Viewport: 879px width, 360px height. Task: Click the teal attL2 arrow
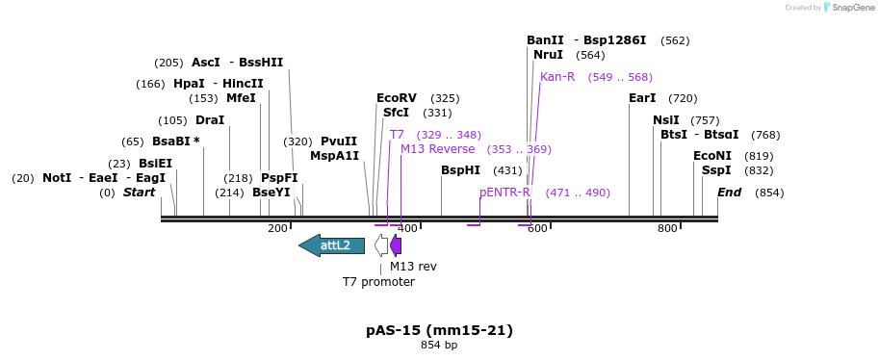[x=332, y=245]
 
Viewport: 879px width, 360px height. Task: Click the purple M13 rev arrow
[x=396, y=245]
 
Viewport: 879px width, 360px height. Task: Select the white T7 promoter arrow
[x=381, y=245]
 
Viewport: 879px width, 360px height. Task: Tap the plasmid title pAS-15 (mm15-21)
[x=439, y=330]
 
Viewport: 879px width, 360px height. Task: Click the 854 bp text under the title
[x=439, y=345]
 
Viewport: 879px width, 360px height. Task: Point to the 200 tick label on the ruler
[x=277, y=228]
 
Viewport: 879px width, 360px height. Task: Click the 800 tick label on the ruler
[x=667, y=228]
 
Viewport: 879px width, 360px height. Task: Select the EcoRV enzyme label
[x=397, y=98]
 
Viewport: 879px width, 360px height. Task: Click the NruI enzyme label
[x=548, y=55]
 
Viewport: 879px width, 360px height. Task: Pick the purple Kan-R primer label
[x=557, y=77]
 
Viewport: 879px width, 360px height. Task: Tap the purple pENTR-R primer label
[x=504, y=193]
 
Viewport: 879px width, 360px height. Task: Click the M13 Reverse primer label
[x=438, y=149]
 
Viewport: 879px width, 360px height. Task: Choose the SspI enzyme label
[x=716, y=170]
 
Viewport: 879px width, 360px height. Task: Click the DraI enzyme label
[x=210, y=120]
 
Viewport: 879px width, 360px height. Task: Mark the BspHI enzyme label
[x=460, y=170]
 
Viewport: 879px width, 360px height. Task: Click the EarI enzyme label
[x=642, y=98]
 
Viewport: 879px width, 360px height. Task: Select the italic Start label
[x=139, y=193]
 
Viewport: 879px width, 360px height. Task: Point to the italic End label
[x=729, y=193]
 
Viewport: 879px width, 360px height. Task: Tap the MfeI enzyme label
[x=241, y=98]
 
